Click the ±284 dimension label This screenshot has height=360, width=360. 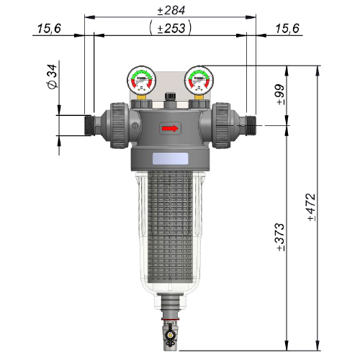[x=171, y=10]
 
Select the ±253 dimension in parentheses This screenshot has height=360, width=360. [x=171, y=28]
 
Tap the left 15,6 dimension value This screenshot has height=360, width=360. [x=49, y=29]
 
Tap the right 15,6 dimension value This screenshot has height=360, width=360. [x=287, y=29]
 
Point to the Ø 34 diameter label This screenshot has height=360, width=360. [x=53, y=76]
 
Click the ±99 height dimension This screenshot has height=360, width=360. [x=280, y=94]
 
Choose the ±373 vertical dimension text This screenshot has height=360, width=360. [x=280, y=237]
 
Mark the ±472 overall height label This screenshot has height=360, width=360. [x=311, y=207]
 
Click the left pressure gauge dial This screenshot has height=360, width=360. [x=141, y=80]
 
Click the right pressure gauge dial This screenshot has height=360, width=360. [x=199, y=80]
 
